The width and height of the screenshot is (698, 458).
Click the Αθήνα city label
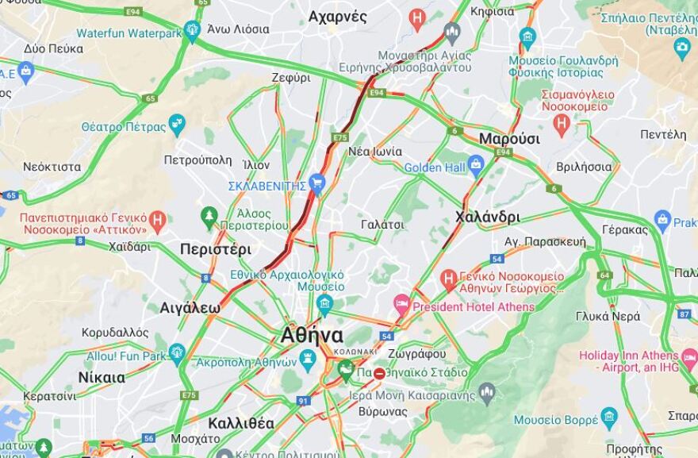(312, 335)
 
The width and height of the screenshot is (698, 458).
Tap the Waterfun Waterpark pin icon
(191, 33)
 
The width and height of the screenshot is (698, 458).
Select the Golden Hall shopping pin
(476, 167)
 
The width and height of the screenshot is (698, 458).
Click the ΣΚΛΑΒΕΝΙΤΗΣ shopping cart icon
(317, 185)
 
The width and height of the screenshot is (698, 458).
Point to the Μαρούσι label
(509, 139)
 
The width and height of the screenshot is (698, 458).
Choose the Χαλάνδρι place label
(488, 217)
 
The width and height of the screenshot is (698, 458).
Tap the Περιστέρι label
(215, 248)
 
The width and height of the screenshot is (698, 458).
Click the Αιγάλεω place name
(190, 306)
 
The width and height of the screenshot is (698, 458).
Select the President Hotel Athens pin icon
(402, 305)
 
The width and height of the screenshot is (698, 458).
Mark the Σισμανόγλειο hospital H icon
(562, 122)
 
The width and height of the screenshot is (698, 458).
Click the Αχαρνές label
(337, 16)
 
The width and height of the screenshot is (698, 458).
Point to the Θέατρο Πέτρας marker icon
(176, 125)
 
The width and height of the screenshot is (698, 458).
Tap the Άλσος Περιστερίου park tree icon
(209, 215)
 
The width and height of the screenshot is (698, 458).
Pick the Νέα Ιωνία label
(374, 151)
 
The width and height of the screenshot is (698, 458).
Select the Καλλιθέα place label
(241, 422)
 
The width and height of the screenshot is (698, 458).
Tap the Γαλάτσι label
(382, 225)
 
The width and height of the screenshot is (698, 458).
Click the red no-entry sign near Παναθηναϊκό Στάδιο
(380, 372)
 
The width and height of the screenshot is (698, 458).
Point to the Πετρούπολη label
(198, 160)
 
